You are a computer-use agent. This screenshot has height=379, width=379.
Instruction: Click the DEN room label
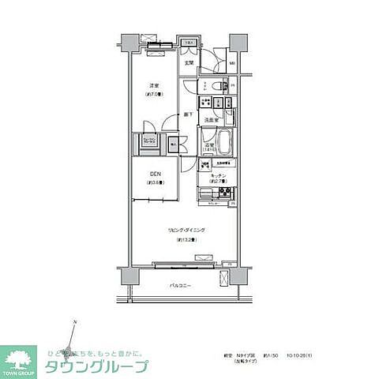tap(154, 175)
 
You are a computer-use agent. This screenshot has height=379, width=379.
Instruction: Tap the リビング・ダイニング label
tap(182, 230)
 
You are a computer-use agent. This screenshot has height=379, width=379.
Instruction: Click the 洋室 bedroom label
tap(153, 85)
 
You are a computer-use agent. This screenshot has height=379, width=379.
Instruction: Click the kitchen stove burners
tap(223, 194)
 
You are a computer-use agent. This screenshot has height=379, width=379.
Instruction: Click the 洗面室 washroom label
tap(211, 120)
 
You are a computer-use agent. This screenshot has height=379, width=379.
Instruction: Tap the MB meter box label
tap(231, 64)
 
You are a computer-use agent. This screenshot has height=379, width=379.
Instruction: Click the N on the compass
tap(73, 322)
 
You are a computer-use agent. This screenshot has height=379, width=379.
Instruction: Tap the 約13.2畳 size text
tap(182, 238)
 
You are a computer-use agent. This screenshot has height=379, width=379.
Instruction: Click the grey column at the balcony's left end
tap(126, 277)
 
